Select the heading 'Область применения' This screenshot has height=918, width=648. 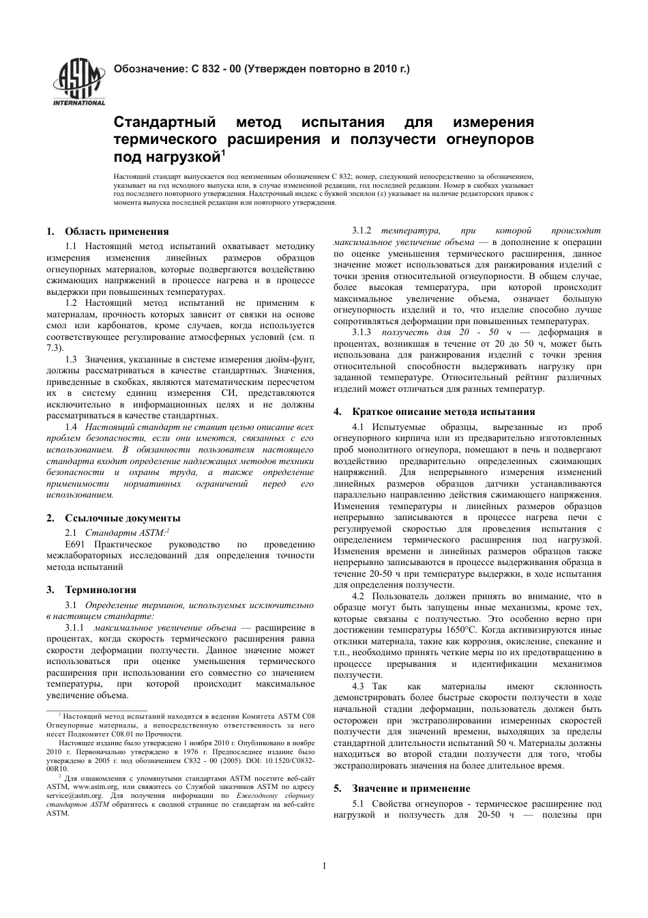117,231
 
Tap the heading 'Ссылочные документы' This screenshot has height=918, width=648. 123,518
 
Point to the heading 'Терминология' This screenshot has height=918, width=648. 100,590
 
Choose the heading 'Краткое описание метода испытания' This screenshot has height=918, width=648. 443,412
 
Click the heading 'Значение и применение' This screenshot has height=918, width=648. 411,788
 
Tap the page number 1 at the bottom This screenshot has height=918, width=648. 324,866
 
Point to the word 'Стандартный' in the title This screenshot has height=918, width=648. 164,123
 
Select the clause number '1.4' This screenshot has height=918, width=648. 70,427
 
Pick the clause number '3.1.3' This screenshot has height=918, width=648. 361,332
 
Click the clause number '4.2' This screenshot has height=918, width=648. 358,597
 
